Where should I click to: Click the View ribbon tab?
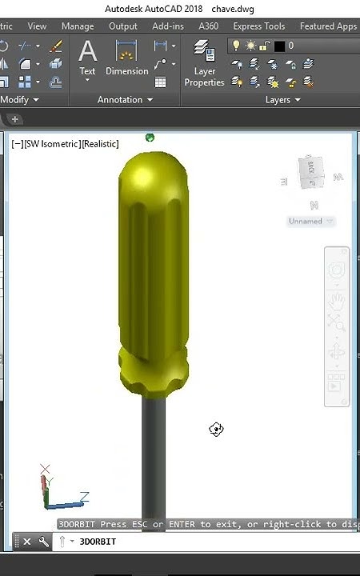[37, 26]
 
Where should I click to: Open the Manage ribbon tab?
[78, 26]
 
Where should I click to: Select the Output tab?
[122, 26]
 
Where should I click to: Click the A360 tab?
[208, 26]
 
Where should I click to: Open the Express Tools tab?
[258, 26]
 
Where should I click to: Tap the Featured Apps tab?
[328, 26]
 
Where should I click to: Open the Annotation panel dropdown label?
[125, 100]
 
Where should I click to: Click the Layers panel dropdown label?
[282, 100]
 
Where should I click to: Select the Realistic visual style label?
[99, 144]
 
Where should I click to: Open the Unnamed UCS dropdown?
[310, 222]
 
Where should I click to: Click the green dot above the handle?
[150, 138]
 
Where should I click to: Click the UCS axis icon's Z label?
[84, 496]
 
